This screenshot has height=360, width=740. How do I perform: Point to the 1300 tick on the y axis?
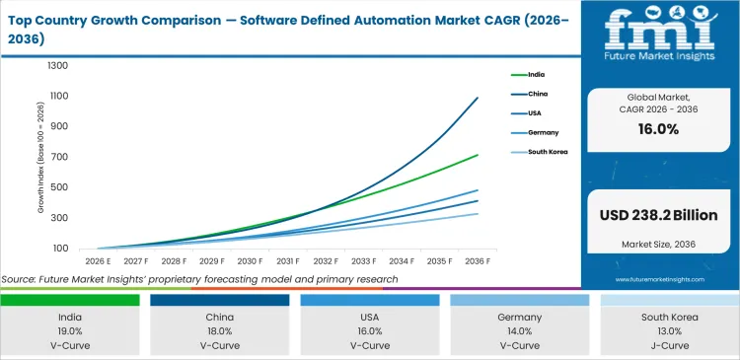coord(57,66)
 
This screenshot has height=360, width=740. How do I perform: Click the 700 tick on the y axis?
coord(60,158)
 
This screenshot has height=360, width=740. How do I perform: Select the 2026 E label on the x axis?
coord(97,261)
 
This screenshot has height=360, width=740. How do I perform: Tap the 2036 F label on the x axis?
coord(479,261)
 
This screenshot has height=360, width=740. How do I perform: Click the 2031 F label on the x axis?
coord(287,261)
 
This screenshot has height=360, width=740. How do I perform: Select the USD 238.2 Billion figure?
coord(659,215)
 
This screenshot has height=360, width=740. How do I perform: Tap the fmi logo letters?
coord(659,30)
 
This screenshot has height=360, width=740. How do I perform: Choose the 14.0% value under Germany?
coord(518,332)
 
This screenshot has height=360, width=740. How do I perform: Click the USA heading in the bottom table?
coord(369,319)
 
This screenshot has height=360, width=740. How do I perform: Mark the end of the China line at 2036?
coord(479,98)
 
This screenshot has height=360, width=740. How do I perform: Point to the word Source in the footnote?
coord(20,279)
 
